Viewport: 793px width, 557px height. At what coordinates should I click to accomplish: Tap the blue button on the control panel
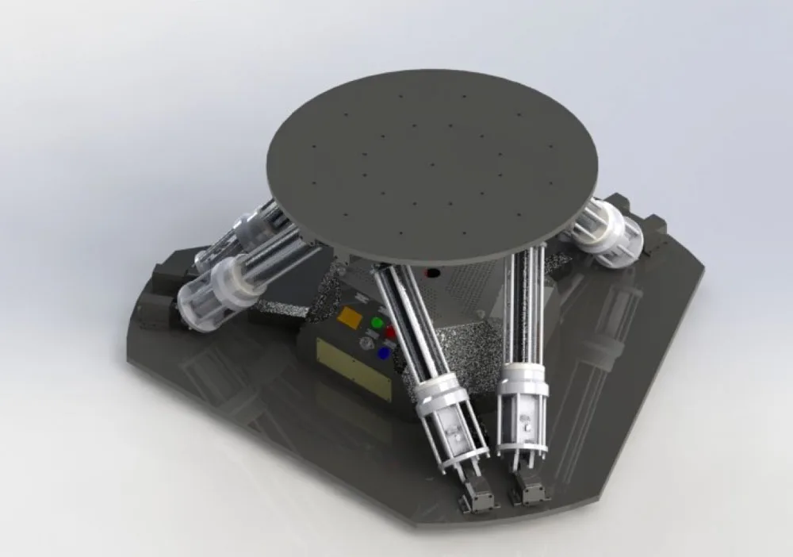click(384, 354)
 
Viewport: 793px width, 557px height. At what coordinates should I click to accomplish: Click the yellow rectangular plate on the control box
click(354, 368)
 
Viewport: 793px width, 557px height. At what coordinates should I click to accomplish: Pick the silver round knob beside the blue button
click(367, 344)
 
